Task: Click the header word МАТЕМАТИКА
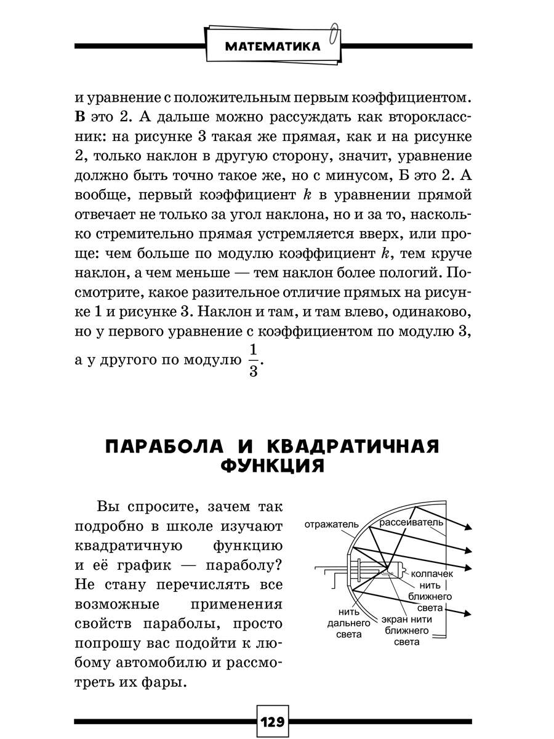271,46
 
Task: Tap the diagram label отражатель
331,525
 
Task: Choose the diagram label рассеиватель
411,523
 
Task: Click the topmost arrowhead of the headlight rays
468,527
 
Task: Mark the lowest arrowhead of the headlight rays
468,613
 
